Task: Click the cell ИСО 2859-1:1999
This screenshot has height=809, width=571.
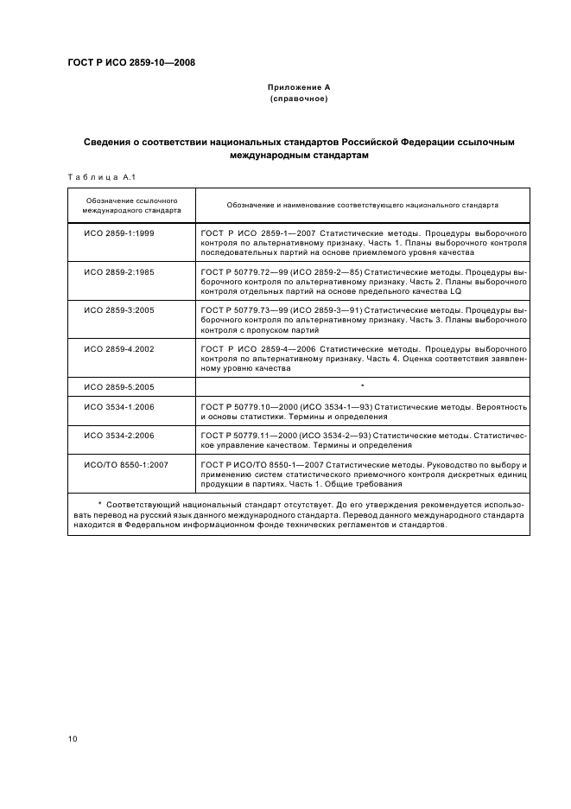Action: click(x=118, y=234)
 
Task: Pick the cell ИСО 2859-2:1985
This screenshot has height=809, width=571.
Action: click(x=118, y=271)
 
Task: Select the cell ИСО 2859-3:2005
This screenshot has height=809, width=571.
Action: click(x=118, y=309)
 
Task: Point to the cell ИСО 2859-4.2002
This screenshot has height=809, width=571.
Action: click(x=118, y=347)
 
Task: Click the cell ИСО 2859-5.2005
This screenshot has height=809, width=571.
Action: click(x=118, y=386)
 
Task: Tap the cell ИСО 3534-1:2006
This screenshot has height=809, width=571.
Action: click(x=118, y=406)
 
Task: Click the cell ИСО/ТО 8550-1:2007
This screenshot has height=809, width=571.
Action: click(x=125, y=464)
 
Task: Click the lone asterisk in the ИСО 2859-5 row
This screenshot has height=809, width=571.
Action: click(x=362, y=385)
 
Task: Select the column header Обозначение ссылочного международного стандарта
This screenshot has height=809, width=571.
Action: click(x=131, y=205)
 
